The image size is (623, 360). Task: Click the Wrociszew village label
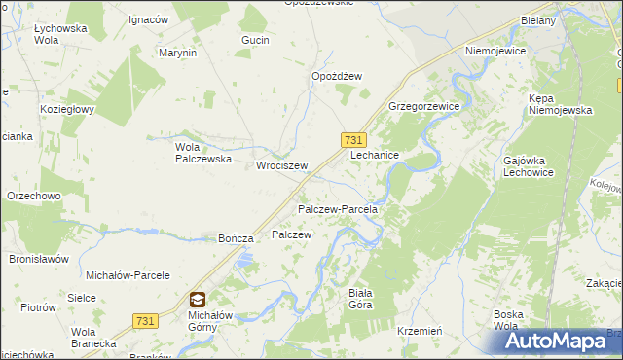281,166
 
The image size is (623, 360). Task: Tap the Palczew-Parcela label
337,209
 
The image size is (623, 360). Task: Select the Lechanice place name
375,155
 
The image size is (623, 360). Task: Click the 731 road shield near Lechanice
353,141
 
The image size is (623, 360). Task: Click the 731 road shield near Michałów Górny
145,321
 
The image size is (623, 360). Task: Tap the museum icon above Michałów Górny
198,300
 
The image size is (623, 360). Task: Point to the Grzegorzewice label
423,105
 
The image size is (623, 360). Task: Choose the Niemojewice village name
495,52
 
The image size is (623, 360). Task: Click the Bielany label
537,20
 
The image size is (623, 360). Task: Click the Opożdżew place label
337,77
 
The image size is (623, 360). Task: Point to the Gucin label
255,40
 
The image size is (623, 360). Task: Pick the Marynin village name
178,53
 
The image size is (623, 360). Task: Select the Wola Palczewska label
202,153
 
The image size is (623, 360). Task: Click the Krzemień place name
421,331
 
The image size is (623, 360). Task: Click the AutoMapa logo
556,341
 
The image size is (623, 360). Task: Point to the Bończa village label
237,238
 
